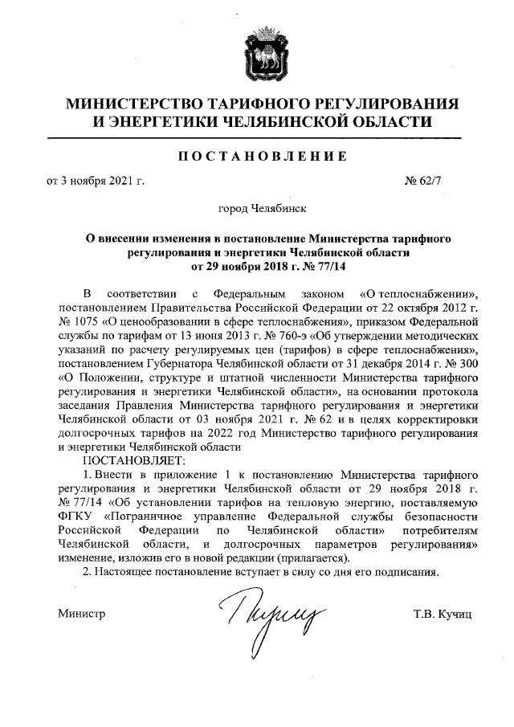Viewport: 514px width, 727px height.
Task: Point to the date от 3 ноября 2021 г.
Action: [x=95, y=181]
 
